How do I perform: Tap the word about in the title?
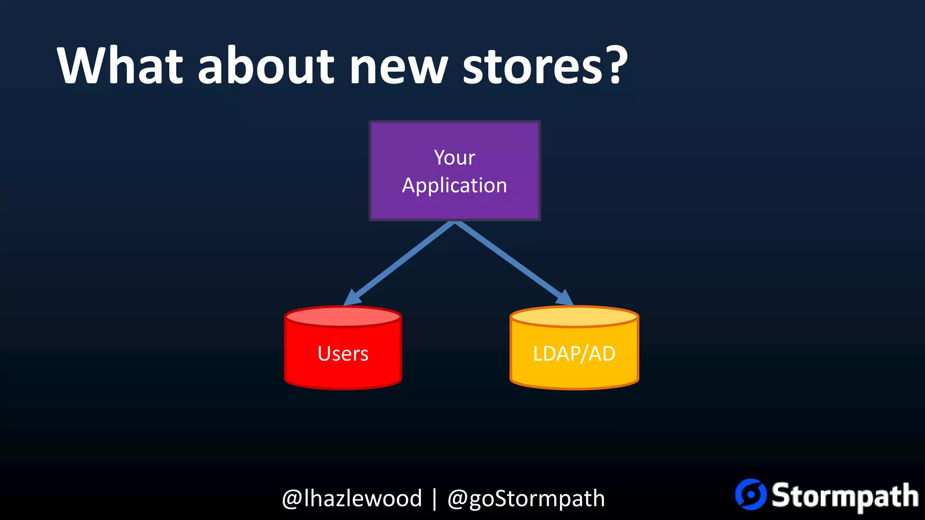click(266, 66)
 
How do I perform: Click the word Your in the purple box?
click(454, 158)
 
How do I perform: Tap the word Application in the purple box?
click(454, 186)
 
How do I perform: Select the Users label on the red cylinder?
click(343, 354)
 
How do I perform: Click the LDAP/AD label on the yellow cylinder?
click(574, 354)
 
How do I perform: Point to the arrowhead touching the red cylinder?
click(352, 298)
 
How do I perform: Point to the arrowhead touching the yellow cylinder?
click(565, 298)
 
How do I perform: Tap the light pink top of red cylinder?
click(343, 317)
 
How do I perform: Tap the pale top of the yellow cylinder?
click(574, 317)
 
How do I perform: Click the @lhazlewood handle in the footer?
click(352, 499)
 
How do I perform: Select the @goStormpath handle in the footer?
click(526, 499)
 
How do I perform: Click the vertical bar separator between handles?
click(434, 499)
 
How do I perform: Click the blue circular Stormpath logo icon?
click(751, 494)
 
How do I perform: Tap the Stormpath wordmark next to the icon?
click(844, 496)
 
